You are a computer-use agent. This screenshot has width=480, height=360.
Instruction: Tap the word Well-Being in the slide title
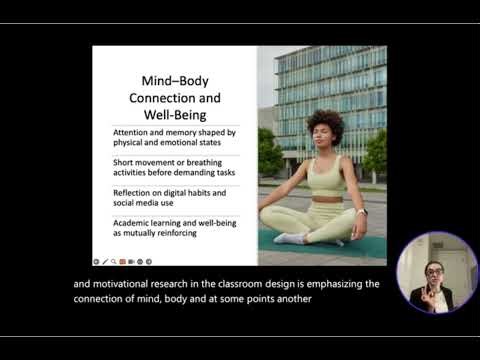[175, 116]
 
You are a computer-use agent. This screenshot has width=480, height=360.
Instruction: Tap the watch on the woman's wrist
[362, 212]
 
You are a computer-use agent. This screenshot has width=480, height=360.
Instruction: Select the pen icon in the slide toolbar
[104, 261]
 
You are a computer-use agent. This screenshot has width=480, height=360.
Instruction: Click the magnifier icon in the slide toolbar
[113, 261]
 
